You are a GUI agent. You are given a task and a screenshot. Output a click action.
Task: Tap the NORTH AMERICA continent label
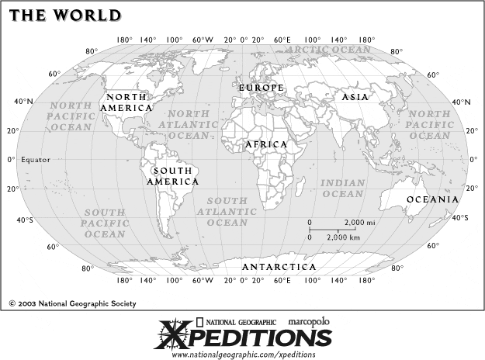[127, 102]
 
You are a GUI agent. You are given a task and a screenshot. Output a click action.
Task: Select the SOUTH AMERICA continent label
[172, 175]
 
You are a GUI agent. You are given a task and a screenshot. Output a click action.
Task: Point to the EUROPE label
[261, 88]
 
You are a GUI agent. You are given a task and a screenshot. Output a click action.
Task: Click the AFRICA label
[266, 145]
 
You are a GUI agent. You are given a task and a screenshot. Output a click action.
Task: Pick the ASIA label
[355, 97]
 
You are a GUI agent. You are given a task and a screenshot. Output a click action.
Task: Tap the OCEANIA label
[432, 199]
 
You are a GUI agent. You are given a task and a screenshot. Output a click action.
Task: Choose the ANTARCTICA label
[279, 267]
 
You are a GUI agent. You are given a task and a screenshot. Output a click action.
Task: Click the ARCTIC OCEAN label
[328, 49]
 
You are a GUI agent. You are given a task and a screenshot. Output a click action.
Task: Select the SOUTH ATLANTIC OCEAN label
[222, 211]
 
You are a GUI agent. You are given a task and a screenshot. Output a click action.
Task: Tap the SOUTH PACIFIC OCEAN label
[105, 223]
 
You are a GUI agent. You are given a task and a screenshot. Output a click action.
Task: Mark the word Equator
[35, 160]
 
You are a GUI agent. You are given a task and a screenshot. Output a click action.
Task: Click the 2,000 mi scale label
[364, 223]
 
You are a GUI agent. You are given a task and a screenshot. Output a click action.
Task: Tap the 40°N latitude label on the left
[23, 102]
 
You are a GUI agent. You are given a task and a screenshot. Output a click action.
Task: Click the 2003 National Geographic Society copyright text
[72, 303]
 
